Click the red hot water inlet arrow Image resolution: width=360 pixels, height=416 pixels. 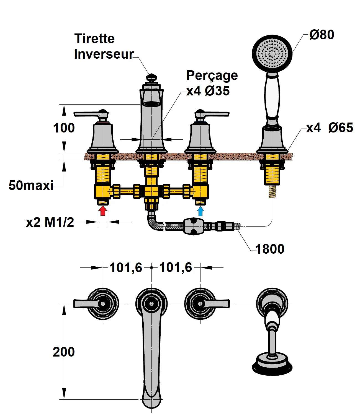pyautogui.click(x=103, y=211)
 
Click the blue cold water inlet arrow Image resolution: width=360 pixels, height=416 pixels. pyautogui.click(x=201, y=211)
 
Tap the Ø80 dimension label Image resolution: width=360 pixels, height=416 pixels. pyautogui.click(x=322, y=35)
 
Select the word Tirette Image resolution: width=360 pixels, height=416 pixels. pyautogui.click(x=94, y=38)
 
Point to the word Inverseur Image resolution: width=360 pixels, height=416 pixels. pyautogui.click(x=104, y=54)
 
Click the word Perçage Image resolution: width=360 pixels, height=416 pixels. pyautogui.click(x=212, y=76)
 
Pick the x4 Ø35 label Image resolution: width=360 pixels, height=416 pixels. pyautogui.click(x=208, y=91)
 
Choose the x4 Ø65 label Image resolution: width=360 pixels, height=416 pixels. pyautogui.click(x=330, y=128)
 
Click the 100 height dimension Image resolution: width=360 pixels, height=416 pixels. pyautogui.click(x=64, y=128)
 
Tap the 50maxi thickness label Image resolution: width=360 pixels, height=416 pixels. pyautogui.click(x=31, y=185)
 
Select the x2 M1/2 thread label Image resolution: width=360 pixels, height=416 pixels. pyautogui.click(x=50, y=222)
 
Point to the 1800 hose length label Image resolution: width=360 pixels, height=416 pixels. pyautogui.click(x=270, y=249)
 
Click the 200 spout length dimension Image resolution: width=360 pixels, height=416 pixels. pyautogui.click(x=64, y=352)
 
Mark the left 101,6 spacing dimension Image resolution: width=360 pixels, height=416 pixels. pyautogui.click(x=126, y=268)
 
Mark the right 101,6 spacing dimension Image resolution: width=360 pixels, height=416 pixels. pyautogui.click(x=176, y=268)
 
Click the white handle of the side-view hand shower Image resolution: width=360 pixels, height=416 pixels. pyautogui.click(x=272, y=97)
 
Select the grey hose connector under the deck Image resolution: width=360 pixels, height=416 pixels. pyautogui.click(x=193, y=226)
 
